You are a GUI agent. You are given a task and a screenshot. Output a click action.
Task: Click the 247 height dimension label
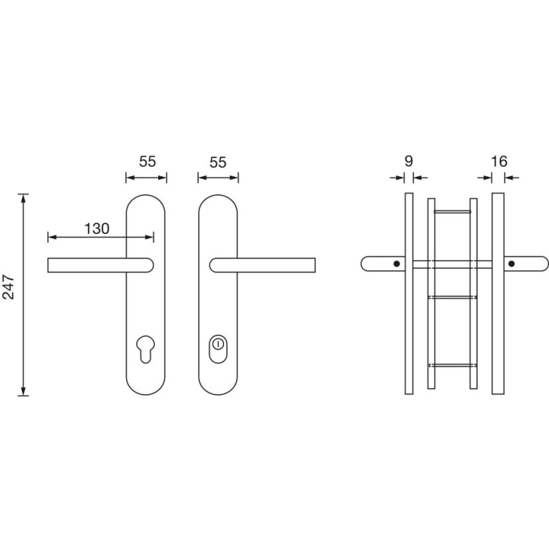pyautogui.click(x=9, y=287)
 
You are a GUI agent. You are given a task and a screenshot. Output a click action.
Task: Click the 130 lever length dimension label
pyautogui.click(x=96, y=229)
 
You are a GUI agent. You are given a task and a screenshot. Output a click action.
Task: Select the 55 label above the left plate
pyautogui.click(x=148, y=162)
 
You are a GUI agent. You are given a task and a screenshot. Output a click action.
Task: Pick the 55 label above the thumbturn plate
pyautogui.click(x=218, y=162)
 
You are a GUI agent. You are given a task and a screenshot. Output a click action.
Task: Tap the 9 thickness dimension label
pyautogui.click(x=409, y=161)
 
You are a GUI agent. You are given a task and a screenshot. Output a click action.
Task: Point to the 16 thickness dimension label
pyautogui.click(x=499, y=162)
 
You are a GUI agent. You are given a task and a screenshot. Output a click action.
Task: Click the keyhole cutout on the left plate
pyautogui.click(x=146, y=349)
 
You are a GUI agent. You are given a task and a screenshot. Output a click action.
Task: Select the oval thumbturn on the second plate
pyautogui.click(x=218, y=349)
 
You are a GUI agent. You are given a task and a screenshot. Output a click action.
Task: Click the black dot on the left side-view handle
pyautogui.click(x=397, y=264)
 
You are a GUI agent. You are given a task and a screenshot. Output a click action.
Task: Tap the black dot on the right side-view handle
pyautogui.click(x=512, y=264)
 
